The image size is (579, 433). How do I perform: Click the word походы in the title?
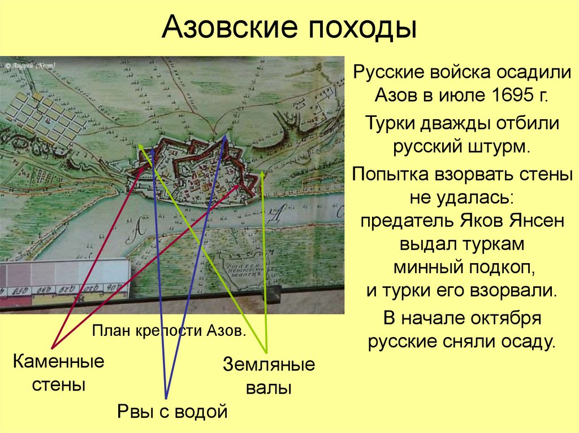tap(357, 28)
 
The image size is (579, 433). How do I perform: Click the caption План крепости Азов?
tap(169, 330)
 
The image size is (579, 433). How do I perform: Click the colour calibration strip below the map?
tap(65, 282)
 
